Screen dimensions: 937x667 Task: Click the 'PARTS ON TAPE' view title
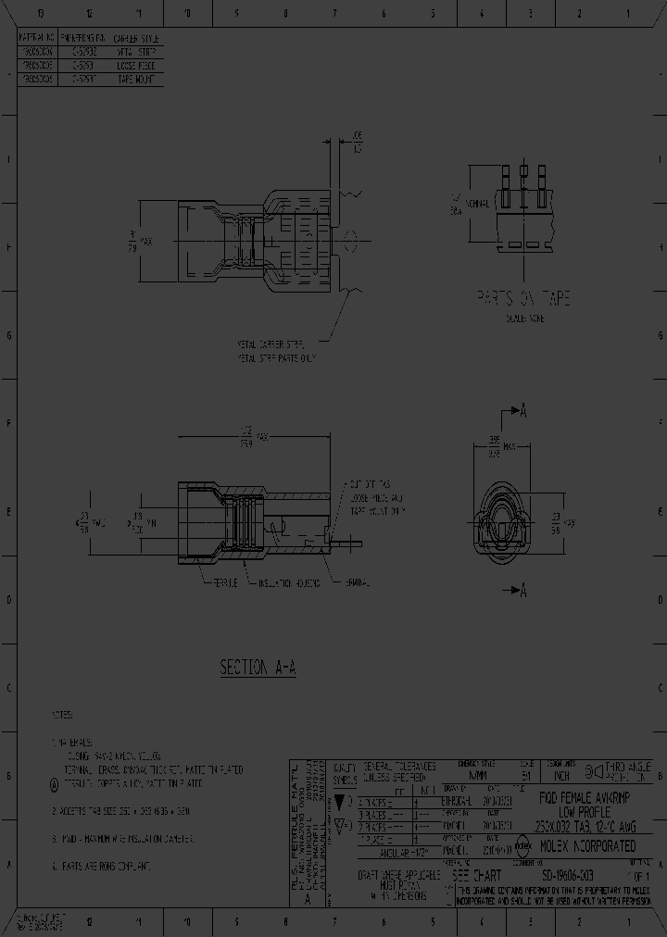523,298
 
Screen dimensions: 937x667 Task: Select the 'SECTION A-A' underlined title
258,667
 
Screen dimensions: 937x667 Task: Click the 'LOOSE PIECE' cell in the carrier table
135,67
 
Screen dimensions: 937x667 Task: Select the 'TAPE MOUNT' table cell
135,80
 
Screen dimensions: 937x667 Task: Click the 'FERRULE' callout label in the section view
221,582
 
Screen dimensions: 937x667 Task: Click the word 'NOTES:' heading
62,715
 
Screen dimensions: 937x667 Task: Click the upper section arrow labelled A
519,411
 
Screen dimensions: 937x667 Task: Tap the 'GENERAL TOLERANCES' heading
399,767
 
